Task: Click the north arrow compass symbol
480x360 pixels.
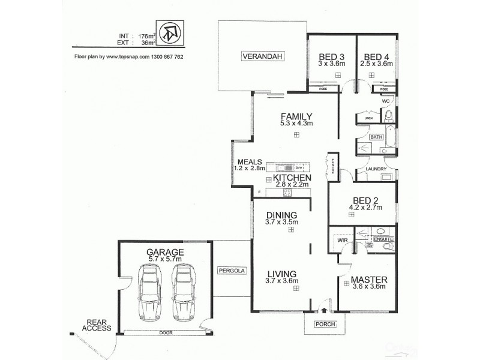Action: pyautogui.click(x=171, y=35)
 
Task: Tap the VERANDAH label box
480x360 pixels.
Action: pyautogui.click(x=262, y=57)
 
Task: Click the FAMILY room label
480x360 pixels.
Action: pyautogui.click(x=296, y=116)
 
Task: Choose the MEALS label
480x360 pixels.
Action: pyautogui.click(x=248, y=161)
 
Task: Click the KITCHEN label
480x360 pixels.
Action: pyautogui.click(x=292, y=178)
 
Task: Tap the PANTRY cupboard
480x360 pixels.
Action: pyautogui.click(x=331, y=165)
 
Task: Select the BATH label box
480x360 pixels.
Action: pyautogui.click(x=376, y=137)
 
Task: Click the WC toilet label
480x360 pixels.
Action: pyautogui.click(x=386, y=102)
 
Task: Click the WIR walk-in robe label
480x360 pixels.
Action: pyautogui.click(x=342, y=240)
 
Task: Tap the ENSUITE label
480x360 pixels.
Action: pyautogui.click(x=383, y=239)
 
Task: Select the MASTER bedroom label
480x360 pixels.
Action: pyautogui.click(x=368, y=280)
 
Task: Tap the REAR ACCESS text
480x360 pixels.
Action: pyautogui.click(x=98, y=325)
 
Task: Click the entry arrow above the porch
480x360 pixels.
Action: pyautogui.click(x=325, y=311)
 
